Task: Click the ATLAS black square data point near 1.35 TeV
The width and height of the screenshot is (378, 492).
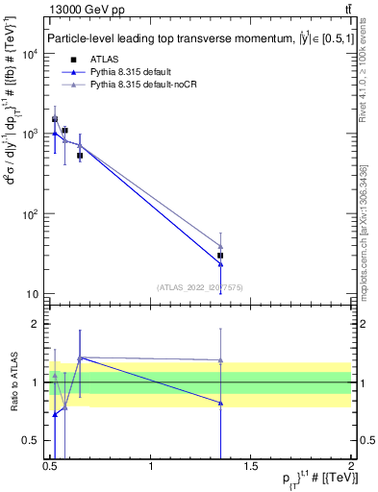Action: tap(221, 256)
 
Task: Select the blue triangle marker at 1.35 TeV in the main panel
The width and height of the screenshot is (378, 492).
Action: tap(221, 264)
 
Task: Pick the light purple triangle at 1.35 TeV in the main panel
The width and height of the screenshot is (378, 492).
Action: tap(221, 246)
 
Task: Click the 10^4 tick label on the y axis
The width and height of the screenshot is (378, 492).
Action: tap(28, 55)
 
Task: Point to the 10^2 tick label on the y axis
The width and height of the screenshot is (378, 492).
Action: tap(28, 214)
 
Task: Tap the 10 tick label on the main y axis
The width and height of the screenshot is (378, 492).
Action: tap(32, 294)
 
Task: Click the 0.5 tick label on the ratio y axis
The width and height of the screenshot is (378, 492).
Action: tap(31, 441)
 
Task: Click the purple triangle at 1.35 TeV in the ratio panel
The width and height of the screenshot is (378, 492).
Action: tap(221, 360)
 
